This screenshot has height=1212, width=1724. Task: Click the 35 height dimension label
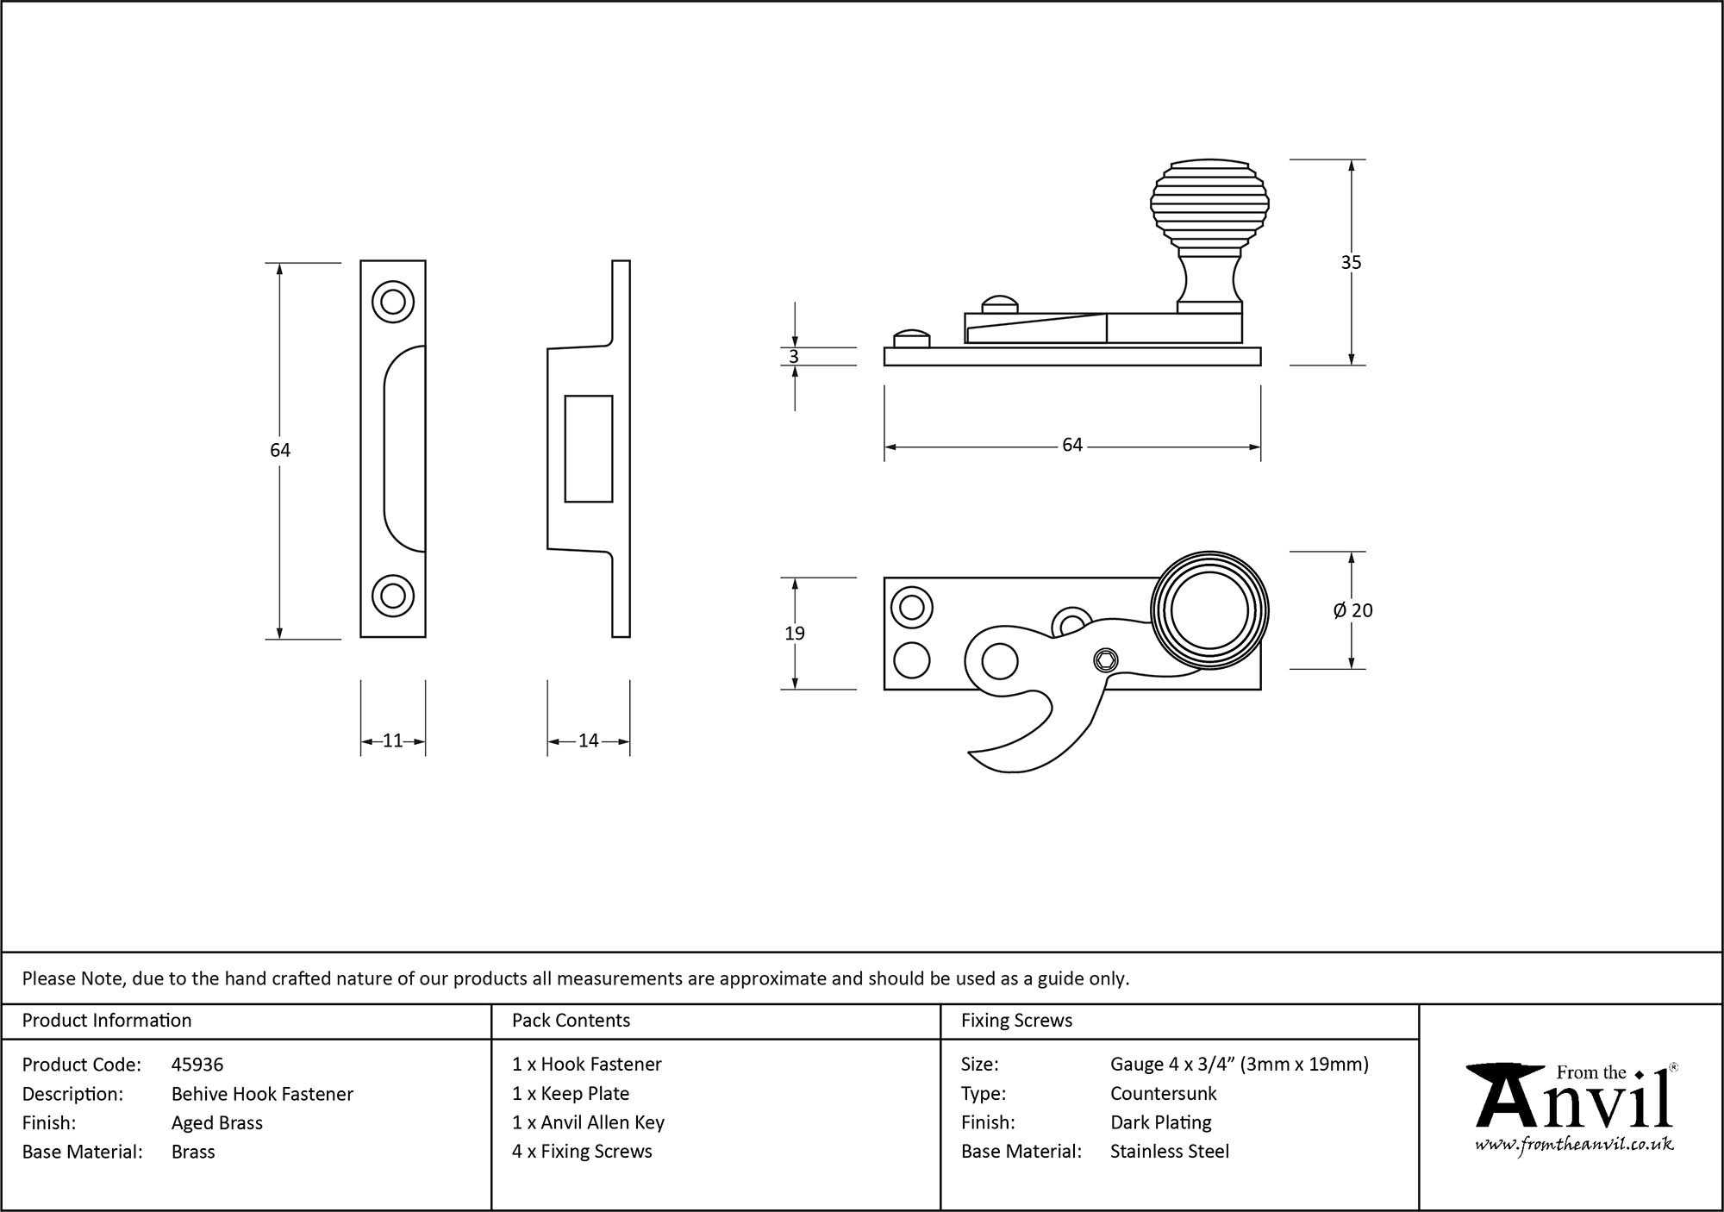click(x=1350, y=262)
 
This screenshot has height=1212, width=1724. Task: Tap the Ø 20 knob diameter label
click(x=1352, y=610)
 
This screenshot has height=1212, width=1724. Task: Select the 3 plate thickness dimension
click(x=793, y=357)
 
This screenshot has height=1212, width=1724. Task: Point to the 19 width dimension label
click(x=794, y=634)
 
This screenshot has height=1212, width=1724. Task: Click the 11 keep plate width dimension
click(x=392, y=740)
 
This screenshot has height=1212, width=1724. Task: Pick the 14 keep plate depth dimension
click(x=588, y=740)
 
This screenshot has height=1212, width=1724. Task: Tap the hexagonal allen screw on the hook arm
click(x=1105, y=661)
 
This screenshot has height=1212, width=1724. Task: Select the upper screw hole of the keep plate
click(x=392, y=302)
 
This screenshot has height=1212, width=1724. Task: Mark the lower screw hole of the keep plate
click(x=392, y=596)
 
